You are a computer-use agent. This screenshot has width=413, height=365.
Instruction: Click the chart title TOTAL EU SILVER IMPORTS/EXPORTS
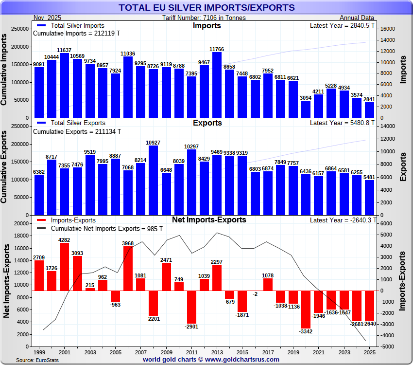coord(206,7)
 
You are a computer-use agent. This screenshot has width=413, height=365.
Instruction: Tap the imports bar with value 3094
coord(306,109)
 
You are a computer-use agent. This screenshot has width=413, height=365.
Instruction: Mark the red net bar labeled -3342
coord(306,310)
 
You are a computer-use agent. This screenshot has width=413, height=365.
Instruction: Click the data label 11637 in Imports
coord(64,50)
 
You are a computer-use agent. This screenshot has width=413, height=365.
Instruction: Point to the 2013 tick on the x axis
coord(217,351)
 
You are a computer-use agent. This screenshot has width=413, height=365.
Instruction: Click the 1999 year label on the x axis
coord(39,351)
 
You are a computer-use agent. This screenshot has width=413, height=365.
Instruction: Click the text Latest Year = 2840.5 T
coord(342,25)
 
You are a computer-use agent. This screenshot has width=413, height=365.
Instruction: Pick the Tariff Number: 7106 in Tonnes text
coord(204,18)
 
